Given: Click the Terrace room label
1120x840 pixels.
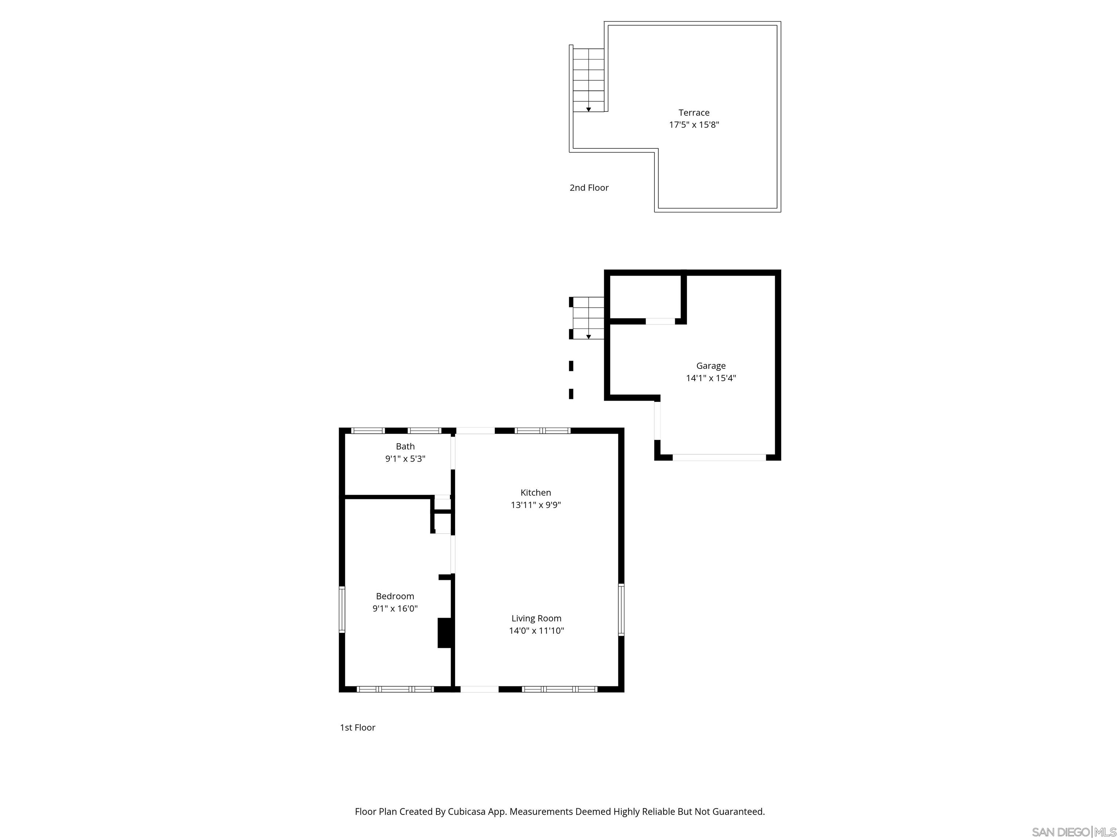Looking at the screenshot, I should tap(694, 112).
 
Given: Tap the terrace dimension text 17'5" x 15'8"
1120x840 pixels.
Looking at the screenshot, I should tap(694, 125).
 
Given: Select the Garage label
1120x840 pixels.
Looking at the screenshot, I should tap(710, 366).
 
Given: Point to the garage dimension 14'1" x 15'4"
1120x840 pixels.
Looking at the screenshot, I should tap(710, 378).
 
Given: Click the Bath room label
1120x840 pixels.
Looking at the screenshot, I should tap(405, 446).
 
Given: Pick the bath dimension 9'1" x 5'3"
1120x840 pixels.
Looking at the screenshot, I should tap(405, 459).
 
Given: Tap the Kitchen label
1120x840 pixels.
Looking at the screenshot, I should tap(536, 492).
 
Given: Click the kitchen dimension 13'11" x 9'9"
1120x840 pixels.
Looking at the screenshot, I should tap(536, 505).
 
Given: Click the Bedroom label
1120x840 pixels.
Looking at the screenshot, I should tap(395, 596).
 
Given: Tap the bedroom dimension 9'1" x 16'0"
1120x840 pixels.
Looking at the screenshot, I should tap(395, 608).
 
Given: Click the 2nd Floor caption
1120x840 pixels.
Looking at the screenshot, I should tap(589, 187).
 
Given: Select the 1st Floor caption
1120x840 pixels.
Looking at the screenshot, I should tap(357, 728).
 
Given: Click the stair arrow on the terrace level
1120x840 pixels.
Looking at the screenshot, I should tap(588, 109).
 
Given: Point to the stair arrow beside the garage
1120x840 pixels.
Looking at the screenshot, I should tap(588, 336).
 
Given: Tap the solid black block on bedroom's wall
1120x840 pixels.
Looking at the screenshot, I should tap(444, 633).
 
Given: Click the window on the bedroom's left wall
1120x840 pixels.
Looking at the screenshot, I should tap(342, 609).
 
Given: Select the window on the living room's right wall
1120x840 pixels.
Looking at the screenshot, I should tap(621, 609).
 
